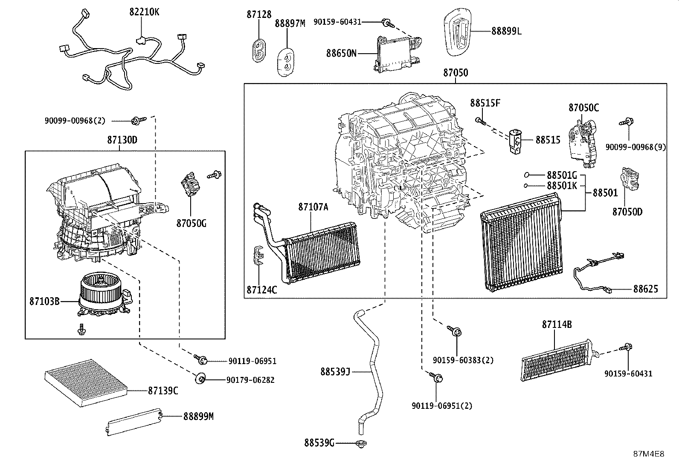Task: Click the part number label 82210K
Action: click(144, 12)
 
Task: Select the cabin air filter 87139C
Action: click(87, 383)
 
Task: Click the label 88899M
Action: click(198, 416)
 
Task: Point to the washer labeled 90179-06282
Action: click(200, 379)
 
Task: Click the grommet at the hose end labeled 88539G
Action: click(361, 444)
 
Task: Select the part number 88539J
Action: click(335, 371)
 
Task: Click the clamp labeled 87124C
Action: click(258, 255)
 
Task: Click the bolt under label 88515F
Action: click(481, 121)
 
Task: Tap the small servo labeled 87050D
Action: click(629, 180)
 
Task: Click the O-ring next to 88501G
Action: click(527, 175)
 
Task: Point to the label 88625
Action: click(646, 289)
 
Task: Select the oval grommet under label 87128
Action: click(258, 50)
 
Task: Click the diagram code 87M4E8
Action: click(649, 454)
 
